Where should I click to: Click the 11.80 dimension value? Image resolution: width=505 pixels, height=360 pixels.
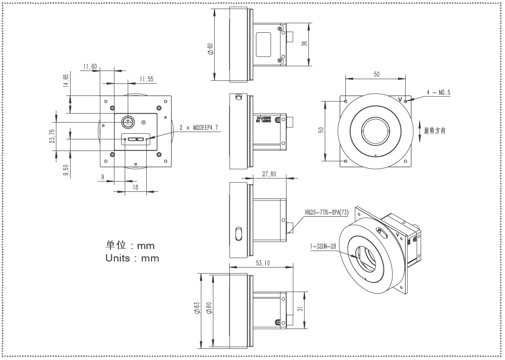click(x=90, y=66)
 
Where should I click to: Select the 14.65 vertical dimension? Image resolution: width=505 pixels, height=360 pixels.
click(x=66, y=81)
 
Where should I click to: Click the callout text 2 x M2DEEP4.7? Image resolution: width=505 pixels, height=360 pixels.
click(x=199, y=128)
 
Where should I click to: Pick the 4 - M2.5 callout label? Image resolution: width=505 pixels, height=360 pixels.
click(x=438, y=92)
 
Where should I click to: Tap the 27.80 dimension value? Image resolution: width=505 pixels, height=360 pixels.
click(x=270, y=174)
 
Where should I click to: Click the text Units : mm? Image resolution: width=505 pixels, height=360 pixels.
click(x=132, y=258)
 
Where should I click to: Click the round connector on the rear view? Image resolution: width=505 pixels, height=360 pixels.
click(x=127, y=122)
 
